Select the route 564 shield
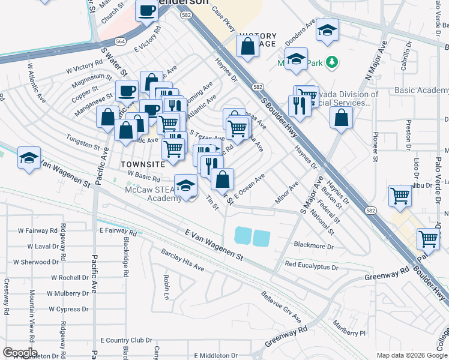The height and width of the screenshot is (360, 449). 121,41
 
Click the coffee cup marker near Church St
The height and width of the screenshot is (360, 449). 146,11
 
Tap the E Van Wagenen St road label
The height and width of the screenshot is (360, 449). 214,249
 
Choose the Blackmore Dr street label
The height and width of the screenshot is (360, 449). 313,246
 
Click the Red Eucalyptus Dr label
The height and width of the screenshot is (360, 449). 316,264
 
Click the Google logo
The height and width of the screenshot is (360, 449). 19,353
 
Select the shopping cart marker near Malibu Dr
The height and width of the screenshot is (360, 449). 400,194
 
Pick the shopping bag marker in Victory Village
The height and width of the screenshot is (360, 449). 247,45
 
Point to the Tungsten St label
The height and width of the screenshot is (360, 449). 83,145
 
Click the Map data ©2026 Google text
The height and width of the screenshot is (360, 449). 411,355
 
